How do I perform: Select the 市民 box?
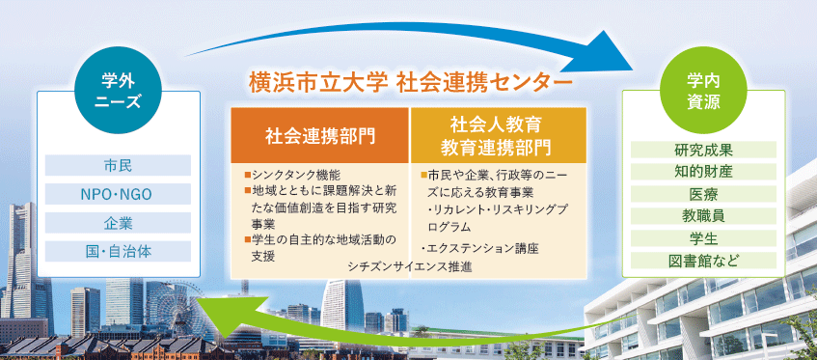click(118, 165)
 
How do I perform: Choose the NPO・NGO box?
click(118, 194)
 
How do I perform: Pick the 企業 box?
click(118, 223)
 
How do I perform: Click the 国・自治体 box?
click(118, 252)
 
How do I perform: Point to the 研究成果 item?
click(703, 150)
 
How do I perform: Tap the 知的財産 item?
click(703, 172)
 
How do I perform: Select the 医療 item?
click(703, 194)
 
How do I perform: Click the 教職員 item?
click(703, 215)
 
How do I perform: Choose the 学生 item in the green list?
click(703, 238)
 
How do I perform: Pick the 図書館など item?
click(703, 260)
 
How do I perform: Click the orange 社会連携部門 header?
click(320, 135)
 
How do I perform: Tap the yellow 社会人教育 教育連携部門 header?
click(499, 135)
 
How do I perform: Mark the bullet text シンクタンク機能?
click(295, 175)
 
